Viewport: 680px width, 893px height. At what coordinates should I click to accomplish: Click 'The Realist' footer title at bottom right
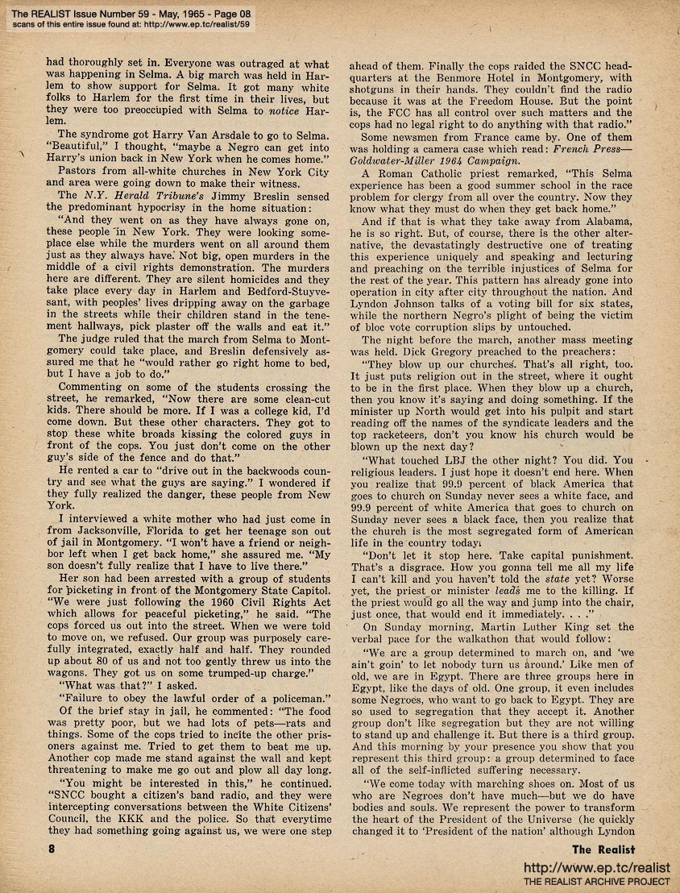click(x=603, y=849)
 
